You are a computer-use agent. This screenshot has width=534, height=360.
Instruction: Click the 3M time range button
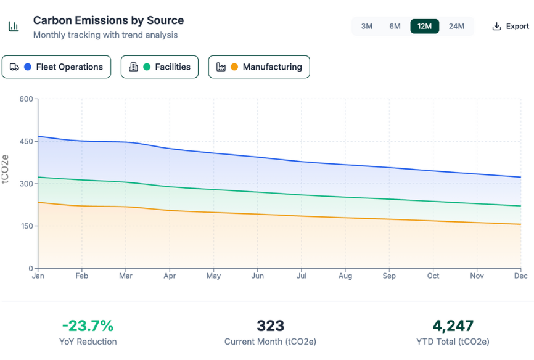366,26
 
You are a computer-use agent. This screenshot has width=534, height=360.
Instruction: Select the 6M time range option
395,26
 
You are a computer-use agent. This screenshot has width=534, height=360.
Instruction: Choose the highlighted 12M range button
424,26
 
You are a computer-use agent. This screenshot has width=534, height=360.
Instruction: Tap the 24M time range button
456,26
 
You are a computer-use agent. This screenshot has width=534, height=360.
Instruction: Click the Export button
511,26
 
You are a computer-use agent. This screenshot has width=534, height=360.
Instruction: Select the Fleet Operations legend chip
57,67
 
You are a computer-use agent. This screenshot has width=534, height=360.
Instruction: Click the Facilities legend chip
160,67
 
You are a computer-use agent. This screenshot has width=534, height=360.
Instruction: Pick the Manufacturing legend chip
259,67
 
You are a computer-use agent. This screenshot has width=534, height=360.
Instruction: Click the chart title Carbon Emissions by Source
109,20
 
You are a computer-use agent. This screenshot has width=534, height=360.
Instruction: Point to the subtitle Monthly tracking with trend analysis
105,35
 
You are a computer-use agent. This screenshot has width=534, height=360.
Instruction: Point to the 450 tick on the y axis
26,141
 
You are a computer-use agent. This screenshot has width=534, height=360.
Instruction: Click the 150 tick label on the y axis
26,226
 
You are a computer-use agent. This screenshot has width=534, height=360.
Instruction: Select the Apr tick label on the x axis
170,276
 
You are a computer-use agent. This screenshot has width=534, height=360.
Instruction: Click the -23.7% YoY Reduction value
88,325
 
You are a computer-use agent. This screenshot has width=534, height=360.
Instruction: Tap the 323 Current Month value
270,325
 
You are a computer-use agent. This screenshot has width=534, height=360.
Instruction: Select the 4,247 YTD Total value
453,325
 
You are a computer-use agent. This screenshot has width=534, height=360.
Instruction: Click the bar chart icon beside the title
13,27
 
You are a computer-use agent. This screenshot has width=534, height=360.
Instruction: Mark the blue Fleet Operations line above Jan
39,136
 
